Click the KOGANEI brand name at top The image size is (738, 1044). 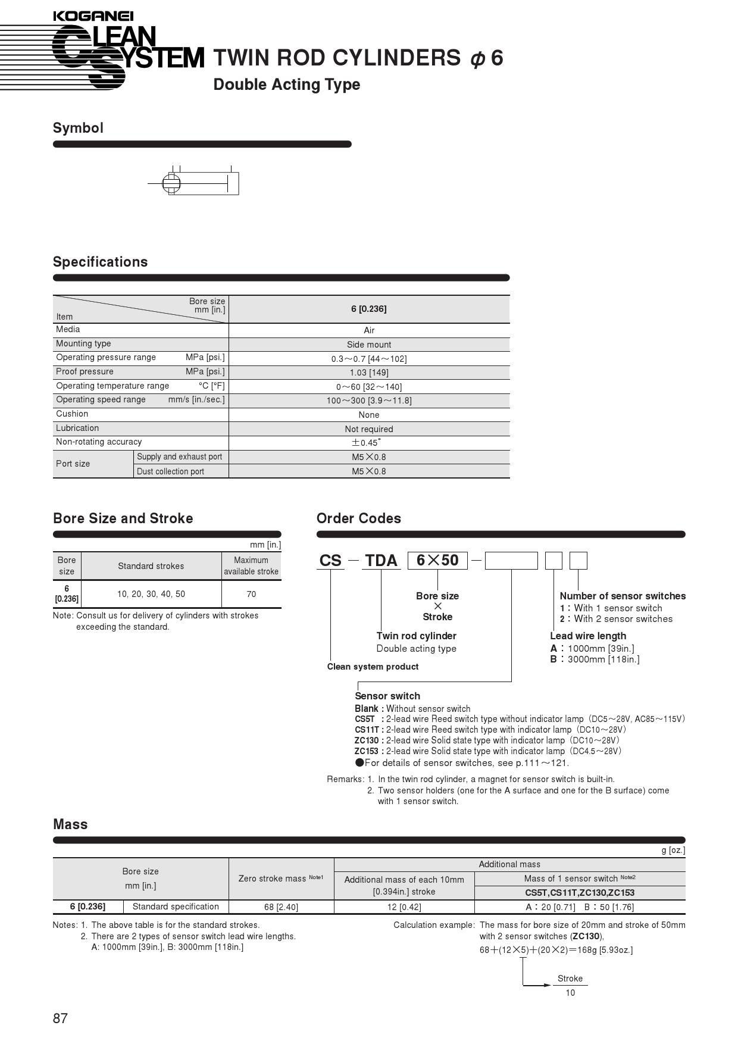pyautogui.click(x=93, y=16)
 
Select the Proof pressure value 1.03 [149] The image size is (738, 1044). pyautogui.click(x=369, y=373)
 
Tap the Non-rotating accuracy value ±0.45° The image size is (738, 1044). pyautogui.click(x=366, y=443)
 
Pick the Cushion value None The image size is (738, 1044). pyautogui.click(x=369, y=415)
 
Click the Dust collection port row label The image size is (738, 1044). pyautogui.click(x=170, y=471)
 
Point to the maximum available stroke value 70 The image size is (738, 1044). pyautogui.click(x=251, y=594)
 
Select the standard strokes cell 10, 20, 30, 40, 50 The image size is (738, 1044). pyautogui.click(x=151, y=594)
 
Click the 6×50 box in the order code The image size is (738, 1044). pyautogui.click(x=437, y=561)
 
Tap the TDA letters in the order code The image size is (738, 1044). pyautogui.click(x=381, y=561)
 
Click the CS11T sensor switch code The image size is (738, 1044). pyautogui.click(x=367, y=730)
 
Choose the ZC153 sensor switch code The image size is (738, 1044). pyautogui.click(x=367, y=751)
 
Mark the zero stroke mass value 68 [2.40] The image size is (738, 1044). pyautogui.click(x=281, y=907)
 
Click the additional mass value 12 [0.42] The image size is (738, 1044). pyautogui.click(x=404, y=907)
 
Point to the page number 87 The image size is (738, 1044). pyautogui.click(x=61, y=1018)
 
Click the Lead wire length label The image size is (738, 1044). pyautogui.click(x=588, y=636)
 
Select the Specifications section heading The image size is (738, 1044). pyautogui.click(x=101, y=262)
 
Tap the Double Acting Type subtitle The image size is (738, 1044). pyautogui.click(x=287, y=85)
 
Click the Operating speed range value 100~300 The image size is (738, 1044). pyautogui.click(x=369, y=401)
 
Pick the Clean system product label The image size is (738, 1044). pyautogui.click(x=373, y=667)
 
